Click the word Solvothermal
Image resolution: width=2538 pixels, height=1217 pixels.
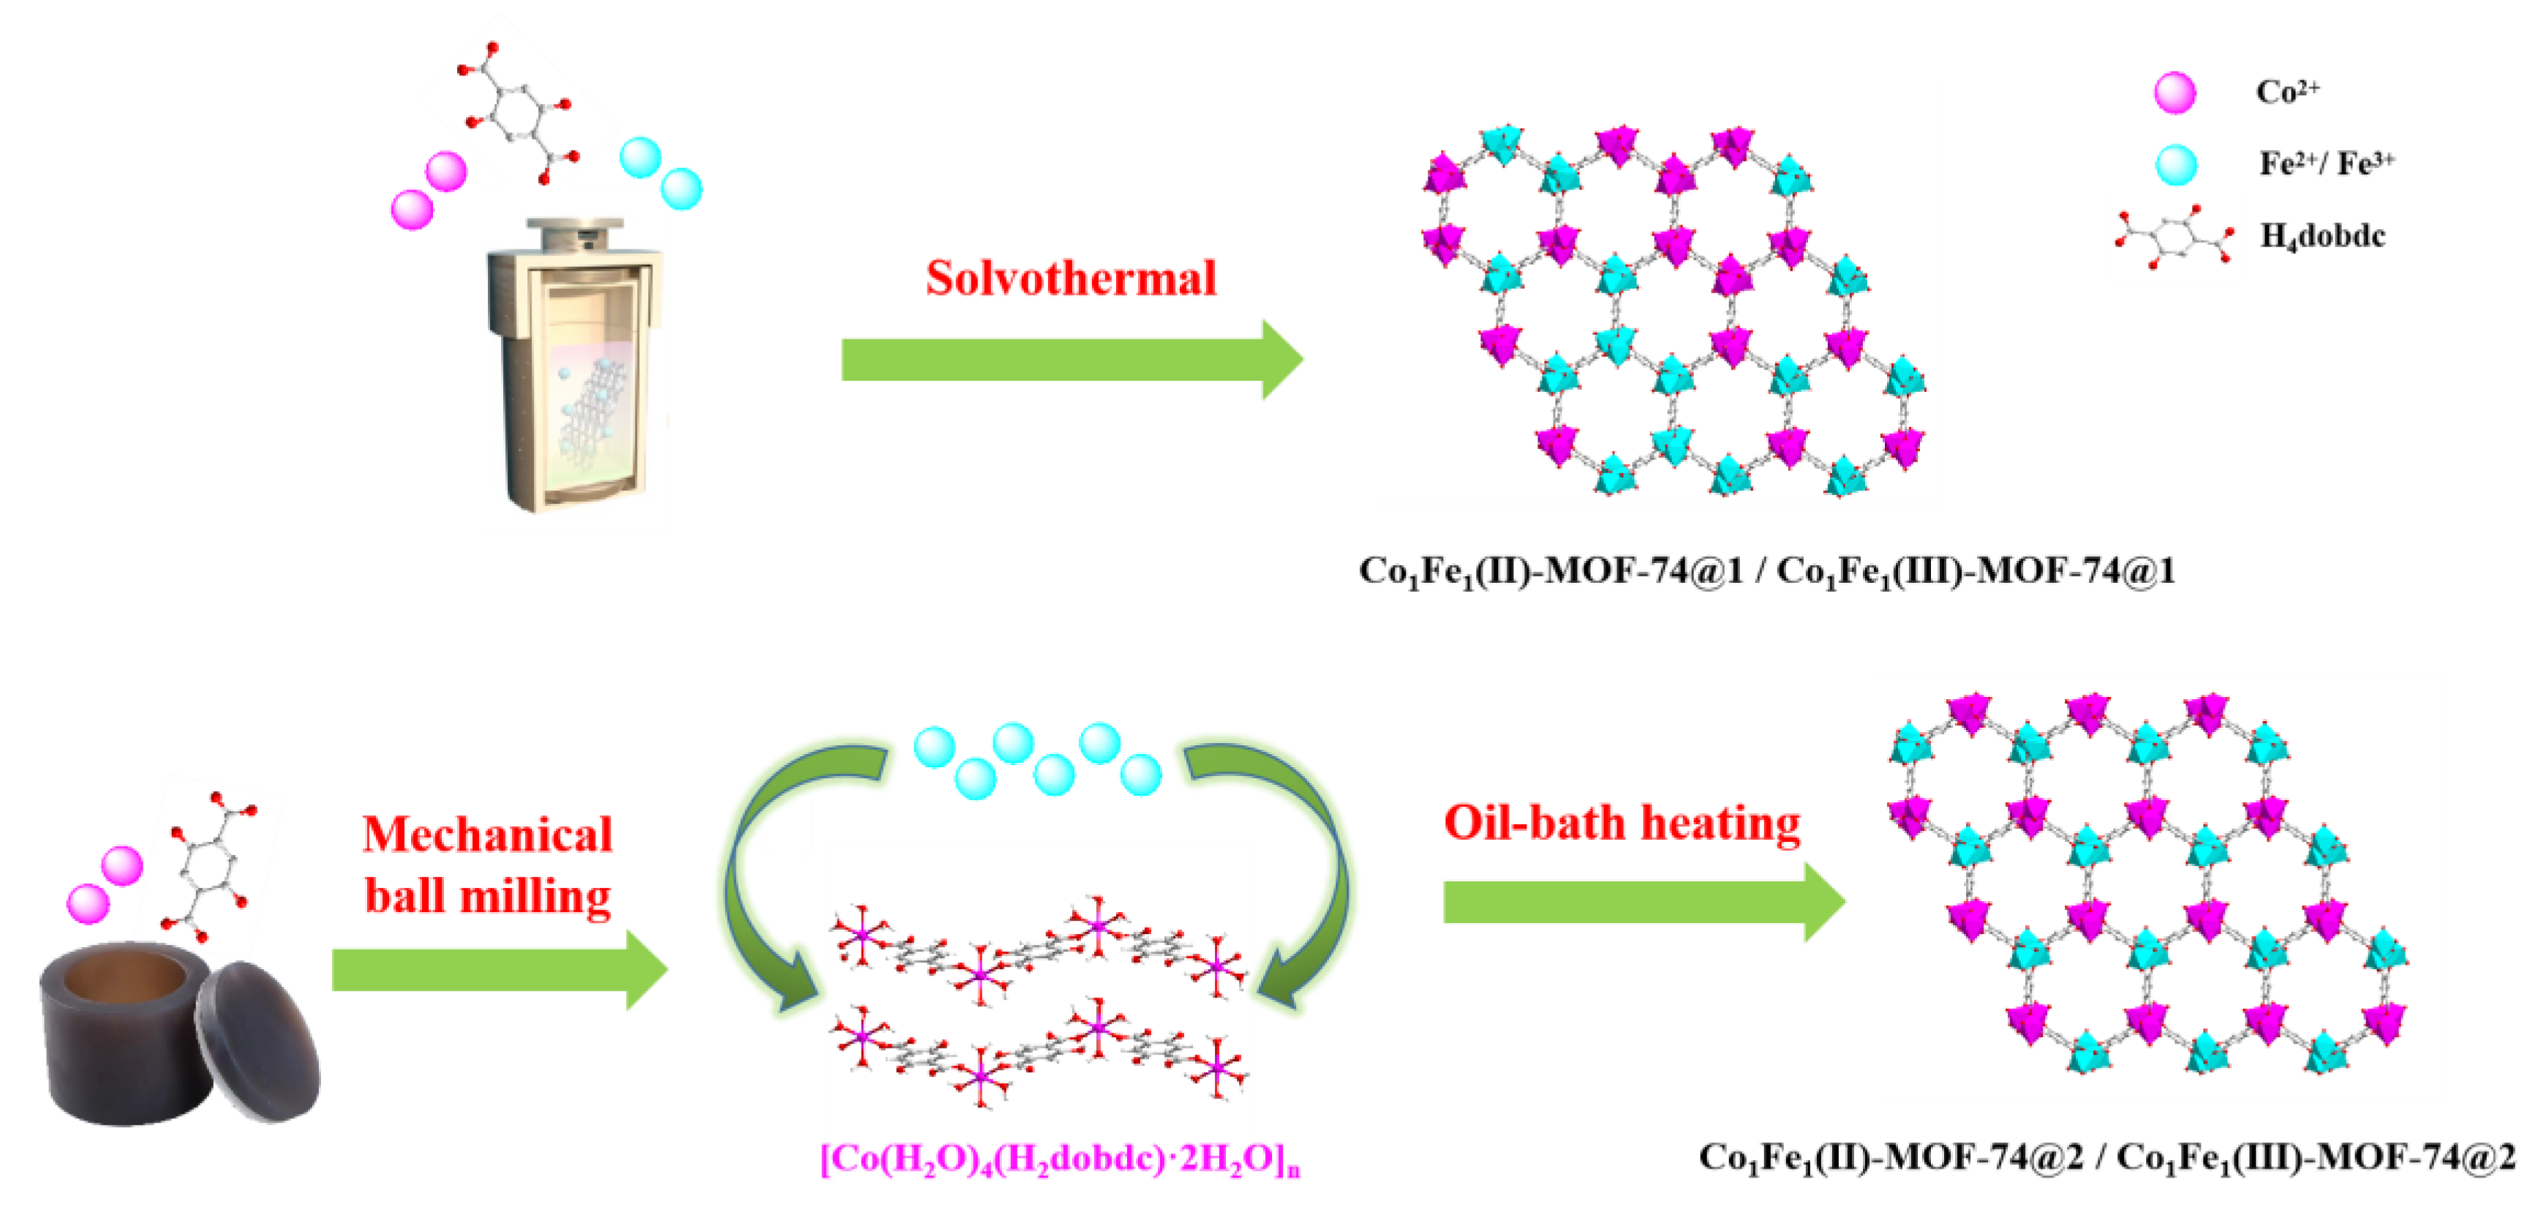pos(1070,278)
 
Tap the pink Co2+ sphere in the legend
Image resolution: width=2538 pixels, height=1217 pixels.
pos(2174,94)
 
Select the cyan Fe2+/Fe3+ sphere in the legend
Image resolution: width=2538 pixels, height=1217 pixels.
pos(2175,165)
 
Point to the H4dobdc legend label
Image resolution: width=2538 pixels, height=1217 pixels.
pos(2322,236)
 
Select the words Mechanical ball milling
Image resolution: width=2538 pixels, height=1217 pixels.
pos(488,864)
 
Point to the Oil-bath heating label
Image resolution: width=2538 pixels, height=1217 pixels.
pos(1622,823)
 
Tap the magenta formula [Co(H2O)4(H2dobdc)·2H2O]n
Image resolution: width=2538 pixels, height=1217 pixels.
pos(1060,1158)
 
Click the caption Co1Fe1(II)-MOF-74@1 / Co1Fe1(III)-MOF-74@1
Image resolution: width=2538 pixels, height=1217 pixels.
pos(1766,570)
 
